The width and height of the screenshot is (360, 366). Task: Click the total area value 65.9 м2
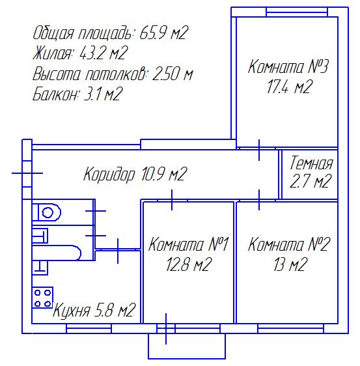(163, 33)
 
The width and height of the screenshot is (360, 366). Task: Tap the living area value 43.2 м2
(104, 53)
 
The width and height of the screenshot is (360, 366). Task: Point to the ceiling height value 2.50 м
(173, 74)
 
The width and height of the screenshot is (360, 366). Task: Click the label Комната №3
(288, 67)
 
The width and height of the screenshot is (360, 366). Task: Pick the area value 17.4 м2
(289, 87)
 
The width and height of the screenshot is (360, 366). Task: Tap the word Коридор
(109, 174)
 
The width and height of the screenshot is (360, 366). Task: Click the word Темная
(311, 163)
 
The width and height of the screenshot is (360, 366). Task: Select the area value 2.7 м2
(311, 181)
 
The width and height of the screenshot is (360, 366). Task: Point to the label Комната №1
(188, 244)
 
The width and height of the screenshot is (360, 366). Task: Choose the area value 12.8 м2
(189, 264)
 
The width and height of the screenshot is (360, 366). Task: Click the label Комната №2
(289, 244)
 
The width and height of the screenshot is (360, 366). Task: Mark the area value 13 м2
(289, 264)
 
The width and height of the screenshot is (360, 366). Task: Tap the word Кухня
(72, 310)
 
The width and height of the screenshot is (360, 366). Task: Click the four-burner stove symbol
(42, 298)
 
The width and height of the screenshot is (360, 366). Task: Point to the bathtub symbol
(56, 252)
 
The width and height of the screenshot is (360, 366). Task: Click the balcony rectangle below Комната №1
(187, 346)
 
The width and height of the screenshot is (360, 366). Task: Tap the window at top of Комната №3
(297, 12)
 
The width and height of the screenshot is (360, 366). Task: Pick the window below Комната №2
(291, 328)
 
